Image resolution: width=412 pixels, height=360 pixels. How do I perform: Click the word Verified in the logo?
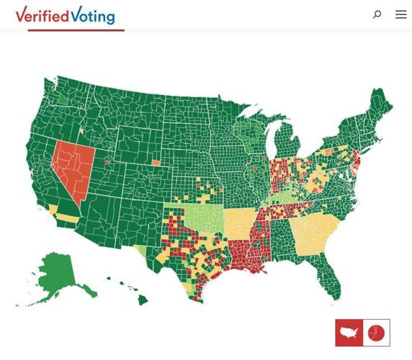click(x=42, y=14)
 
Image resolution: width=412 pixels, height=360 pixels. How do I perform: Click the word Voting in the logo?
click(x=94, y=15)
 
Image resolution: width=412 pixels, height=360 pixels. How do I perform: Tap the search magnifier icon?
click(x=377, y=14)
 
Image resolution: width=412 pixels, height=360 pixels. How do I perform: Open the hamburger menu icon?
click(x=400, y=14)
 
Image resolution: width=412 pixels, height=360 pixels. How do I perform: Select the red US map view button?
click(x=349, y=333)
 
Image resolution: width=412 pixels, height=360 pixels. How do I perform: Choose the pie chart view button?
click(x=376, y=333)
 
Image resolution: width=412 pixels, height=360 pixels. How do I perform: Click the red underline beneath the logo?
click(x=76, y=30)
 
